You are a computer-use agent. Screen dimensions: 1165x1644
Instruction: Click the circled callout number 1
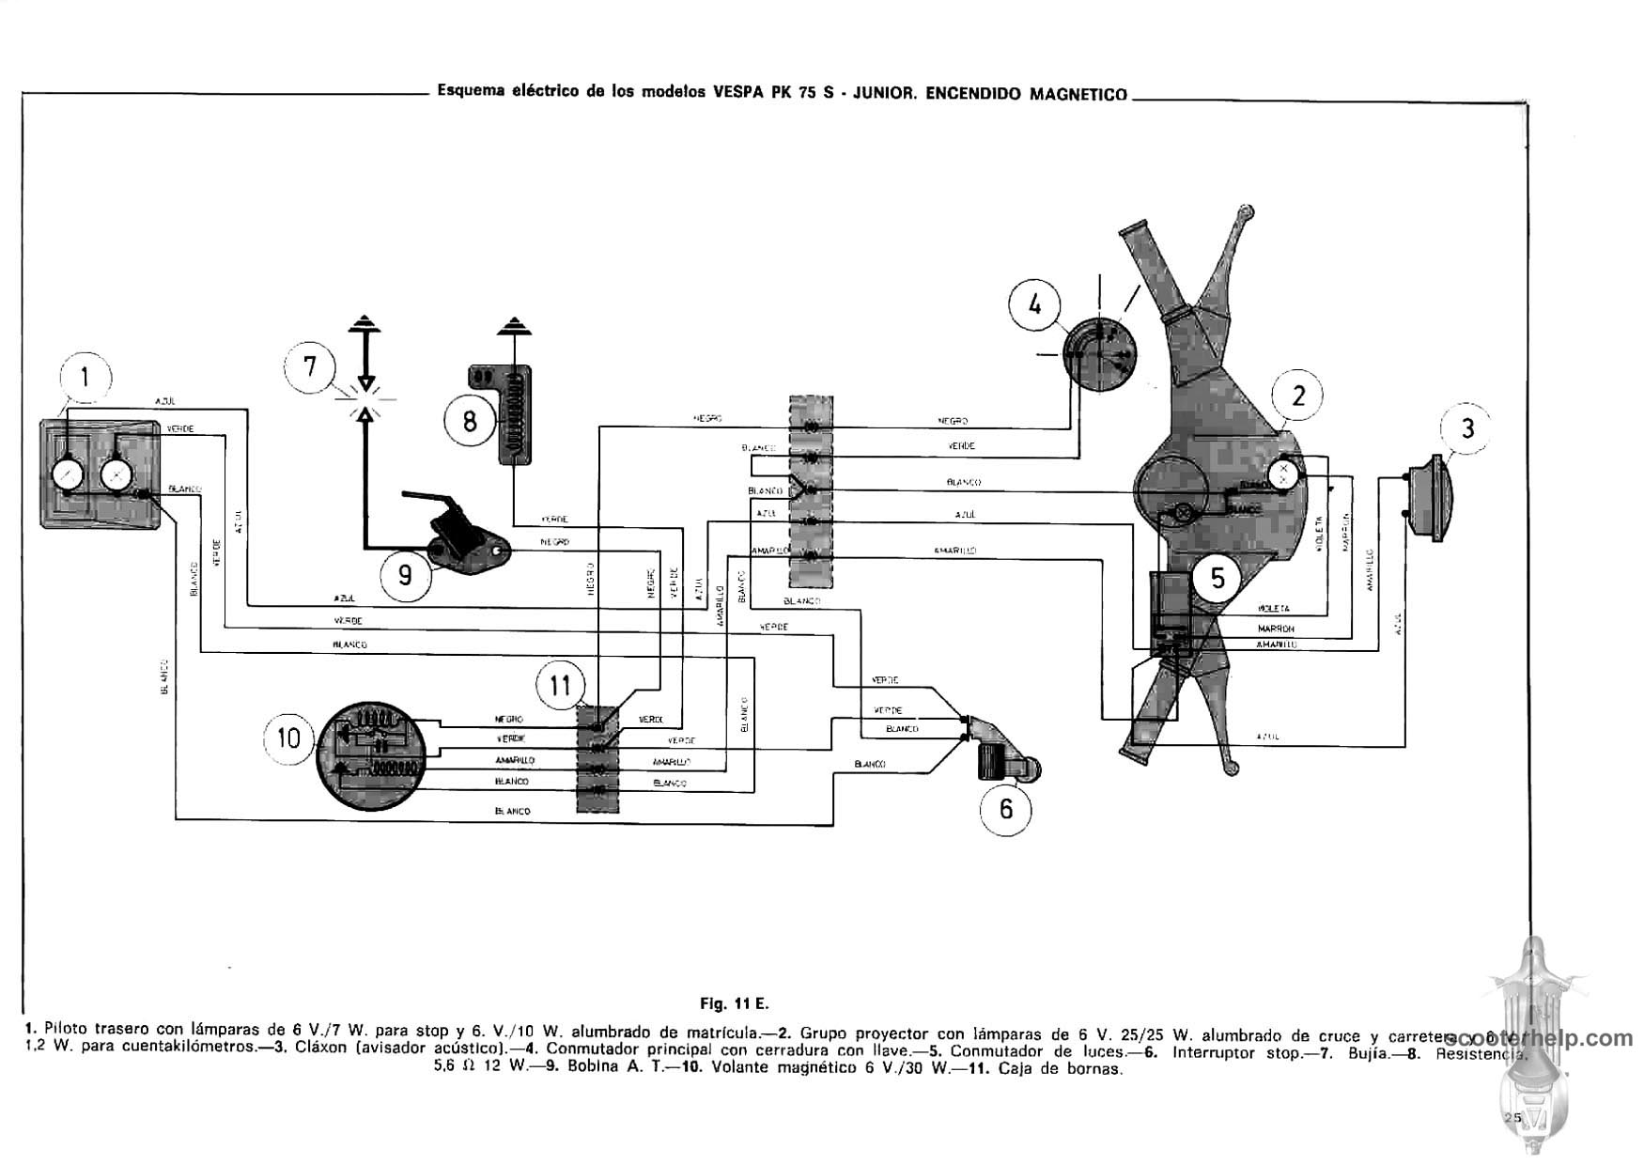click(x=85, y=378)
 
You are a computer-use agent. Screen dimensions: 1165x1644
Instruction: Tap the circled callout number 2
click(x=1298, y=396)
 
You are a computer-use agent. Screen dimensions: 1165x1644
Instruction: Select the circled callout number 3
click(x=1467, y=428)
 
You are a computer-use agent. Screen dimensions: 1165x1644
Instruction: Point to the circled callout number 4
click(x=1035, y=304)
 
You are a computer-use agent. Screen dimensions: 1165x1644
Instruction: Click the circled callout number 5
click(x=1217, y=577)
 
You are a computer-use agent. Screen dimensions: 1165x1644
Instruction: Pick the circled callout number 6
click(x=1006, y=808)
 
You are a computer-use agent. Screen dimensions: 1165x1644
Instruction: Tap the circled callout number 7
click(x=312, y=366)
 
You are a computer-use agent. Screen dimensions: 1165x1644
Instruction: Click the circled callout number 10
click(x=289, y=738)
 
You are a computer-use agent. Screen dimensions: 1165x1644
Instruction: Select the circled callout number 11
click(x=560, y=685)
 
